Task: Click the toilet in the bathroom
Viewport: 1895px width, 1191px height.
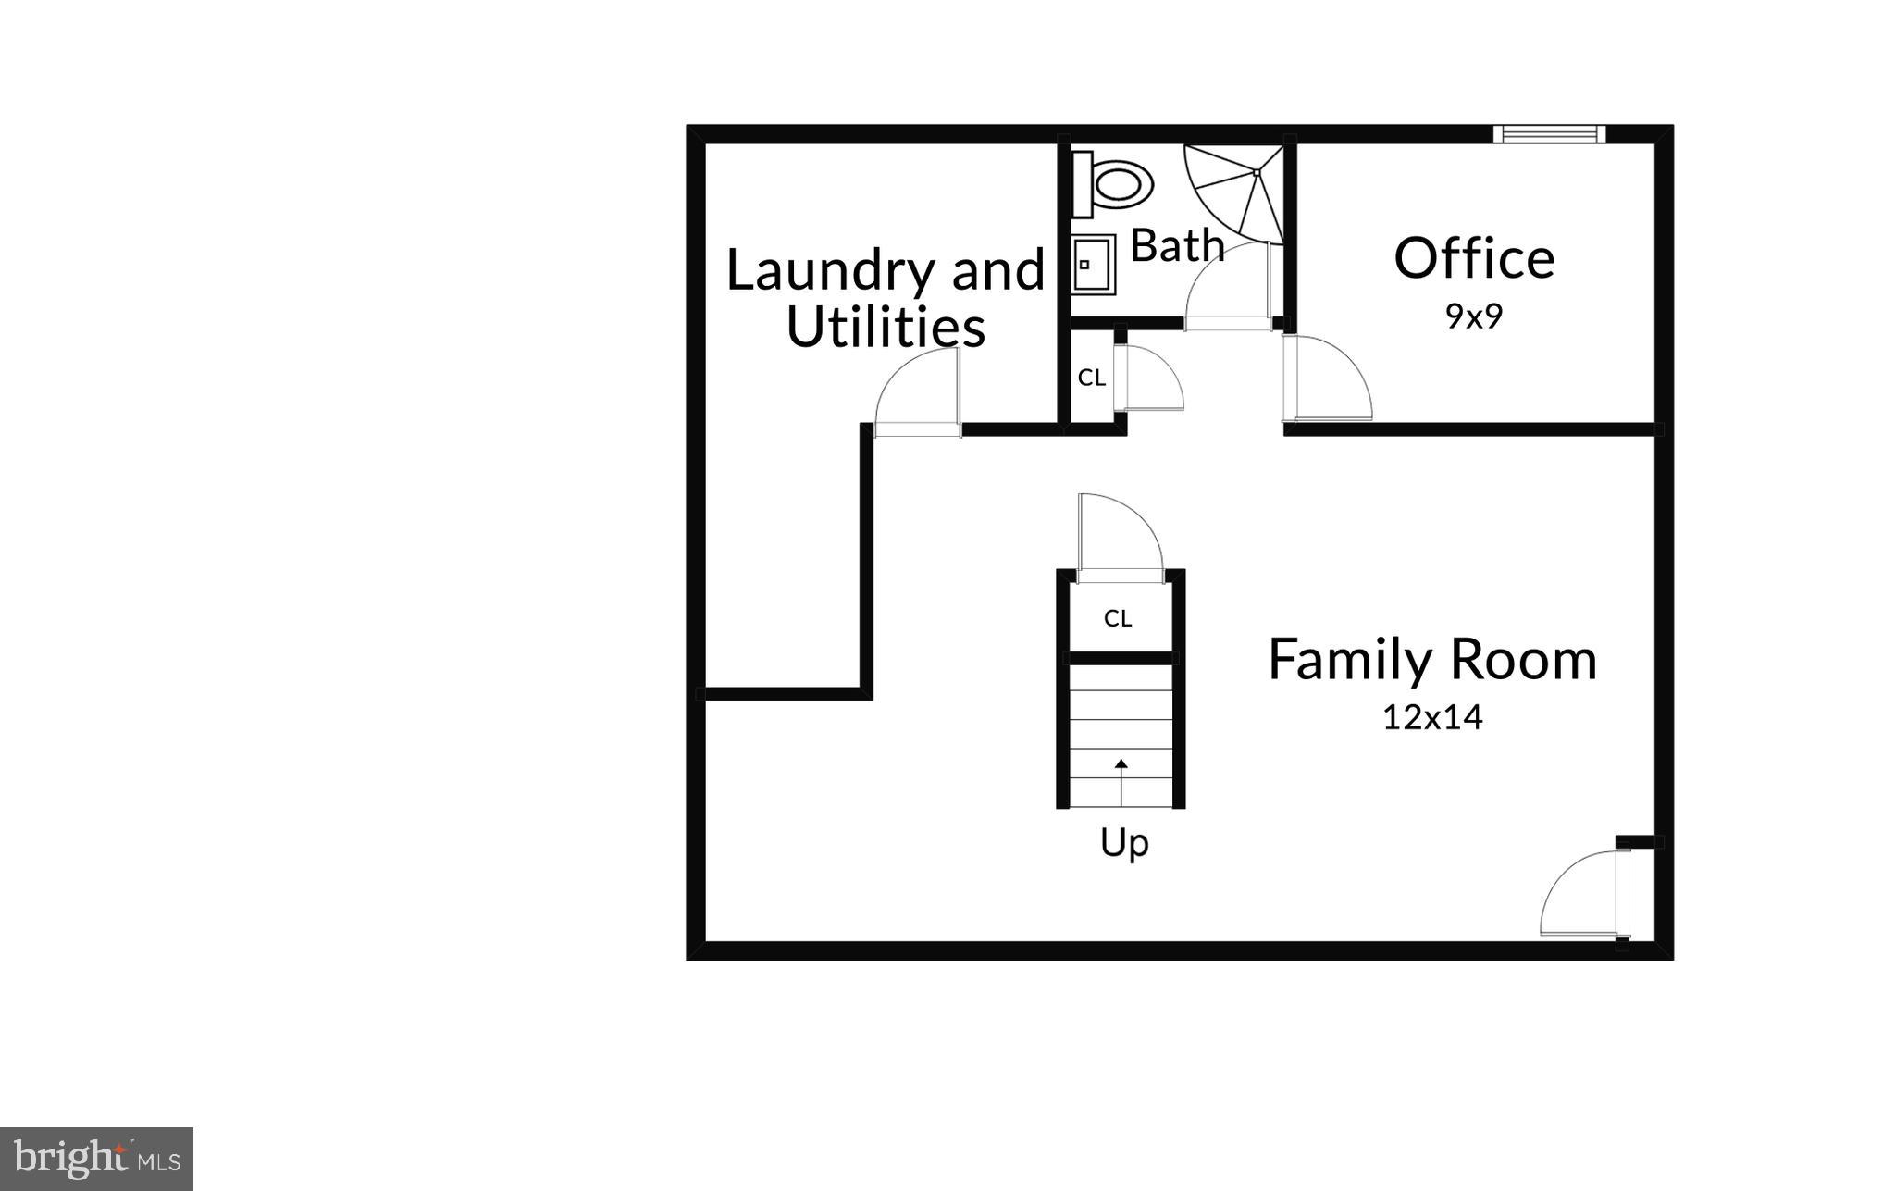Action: (x=1114, y=183)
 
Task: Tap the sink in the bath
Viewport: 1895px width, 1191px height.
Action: (x=1092, y=265)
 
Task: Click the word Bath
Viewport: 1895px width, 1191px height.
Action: (x=1177, y=246)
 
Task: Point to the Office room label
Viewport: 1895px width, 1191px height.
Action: (x=1473, y=258)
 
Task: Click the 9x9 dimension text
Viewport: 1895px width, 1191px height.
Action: (x=1473, y=316)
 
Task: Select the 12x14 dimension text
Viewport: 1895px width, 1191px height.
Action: (x=1431, y=717)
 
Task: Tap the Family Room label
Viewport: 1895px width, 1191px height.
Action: (x=1431, y=660)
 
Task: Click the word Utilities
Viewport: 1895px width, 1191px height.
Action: (x=886, y=327)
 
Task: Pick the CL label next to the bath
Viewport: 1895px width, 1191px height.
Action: (x=1091, y=378)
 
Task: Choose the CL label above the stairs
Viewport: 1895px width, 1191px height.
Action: (x=1118, y=618)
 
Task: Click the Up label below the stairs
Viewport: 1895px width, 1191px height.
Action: (x=1123, y=843)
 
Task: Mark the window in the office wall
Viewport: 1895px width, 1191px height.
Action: (x=1548, y=134)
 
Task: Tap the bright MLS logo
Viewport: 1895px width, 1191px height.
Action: (x=96, y=1158)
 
